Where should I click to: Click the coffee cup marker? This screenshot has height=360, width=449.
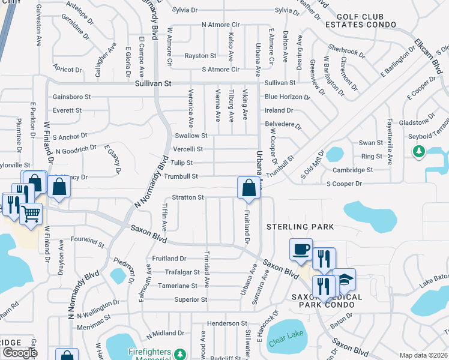coord(301,249)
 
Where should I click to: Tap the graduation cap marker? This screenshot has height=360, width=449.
coord(345,280)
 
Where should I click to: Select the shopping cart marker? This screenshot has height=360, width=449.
coord(31,214)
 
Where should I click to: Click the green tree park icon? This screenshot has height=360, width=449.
coord(419,152)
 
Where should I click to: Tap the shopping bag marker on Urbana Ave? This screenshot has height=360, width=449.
coord(249,188)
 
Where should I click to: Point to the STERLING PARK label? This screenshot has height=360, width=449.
coord(300,227)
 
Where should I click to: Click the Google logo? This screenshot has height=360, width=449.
coord(20,353)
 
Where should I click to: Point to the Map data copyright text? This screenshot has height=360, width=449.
coord(423,355)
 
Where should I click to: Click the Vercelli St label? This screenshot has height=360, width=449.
coord(188,149)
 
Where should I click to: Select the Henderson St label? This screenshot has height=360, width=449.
coord(224,323)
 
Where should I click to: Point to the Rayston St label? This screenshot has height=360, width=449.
coord(200,56)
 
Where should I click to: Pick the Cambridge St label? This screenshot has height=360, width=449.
coord(353,170)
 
